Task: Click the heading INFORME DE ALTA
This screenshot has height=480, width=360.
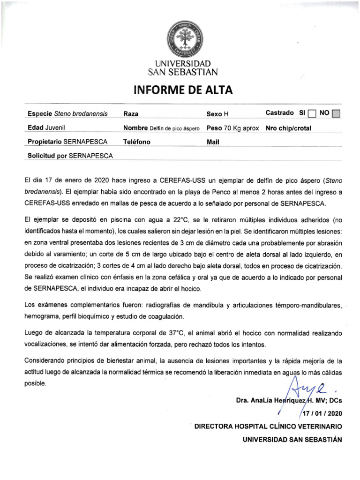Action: (183, 90)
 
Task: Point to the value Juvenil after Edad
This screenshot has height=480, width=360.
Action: (55, 128)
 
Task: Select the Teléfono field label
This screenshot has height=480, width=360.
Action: (137, 142)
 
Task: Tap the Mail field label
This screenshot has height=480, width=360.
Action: (213, 142)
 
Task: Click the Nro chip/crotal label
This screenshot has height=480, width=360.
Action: (288, 128)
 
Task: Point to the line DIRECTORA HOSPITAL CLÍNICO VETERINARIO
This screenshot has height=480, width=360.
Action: (268, 427)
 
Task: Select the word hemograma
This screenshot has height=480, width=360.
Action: (42, 316)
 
